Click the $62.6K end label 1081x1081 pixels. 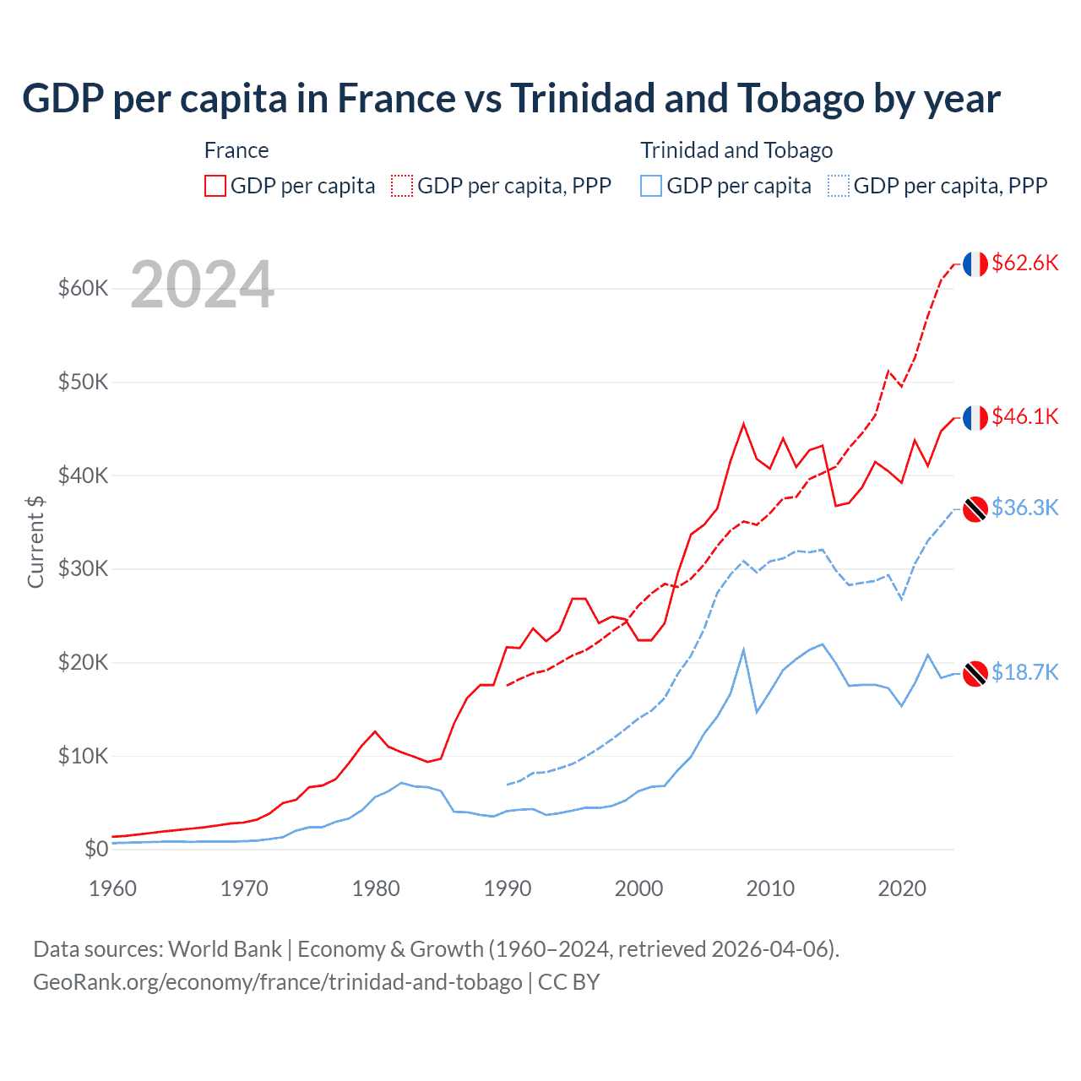point(1024,263)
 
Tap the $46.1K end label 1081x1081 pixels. point(1024,416)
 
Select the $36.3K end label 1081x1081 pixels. point(1024,508)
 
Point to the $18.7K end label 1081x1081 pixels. point(1024,672)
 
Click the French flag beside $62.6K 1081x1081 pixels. point(975,263)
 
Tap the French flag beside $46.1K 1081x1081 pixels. point(975,417)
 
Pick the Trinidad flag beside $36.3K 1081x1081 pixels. point(975,509)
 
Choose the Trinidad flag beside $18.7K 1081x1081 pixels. point(975,674)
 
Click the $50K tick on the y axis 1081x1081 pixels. point(84,382)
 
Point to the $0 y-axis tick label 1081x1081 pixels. point(96,849)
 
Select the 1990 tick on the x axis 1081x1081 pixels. point(508,888)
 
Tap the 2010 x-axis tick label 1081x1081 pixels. point(770,888)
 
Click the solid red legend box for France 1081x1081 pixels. point(215,186)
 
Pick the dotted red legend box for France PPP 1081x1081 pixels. point(402,186)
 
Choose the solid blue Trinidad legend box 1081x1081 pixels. point(651,186)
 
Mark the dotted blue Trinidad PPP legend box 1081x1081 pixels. point(839,186)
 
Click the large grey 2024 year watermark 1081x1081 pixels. point(203,285)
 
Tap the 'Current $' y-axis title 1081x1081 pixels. point(35,541)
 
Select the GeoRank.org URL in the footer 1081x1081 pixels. point(278,982)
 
